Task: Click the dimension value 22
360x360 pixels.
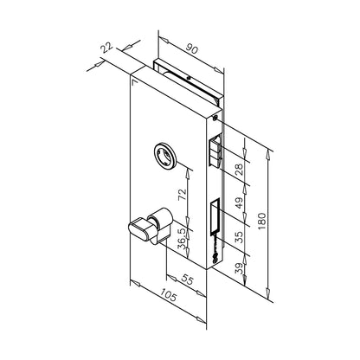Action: click(x=106, y=48)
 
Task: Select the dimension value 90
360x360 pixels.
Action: click(x=191, y=48)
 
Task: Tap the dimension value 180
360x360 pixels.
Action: click(x=261, y=221)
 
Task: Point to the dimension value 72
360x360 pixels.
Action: click(x=182, y=195)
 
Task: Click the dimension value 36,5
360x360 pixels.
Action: click(x=182, y=239)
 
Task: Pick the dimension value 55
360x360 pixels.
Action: click(x=187, y=280)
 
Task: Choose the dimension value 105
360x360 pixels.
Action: click(x=168, y=295)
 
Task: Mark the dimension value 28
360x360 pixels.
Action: click(x=239, y=170)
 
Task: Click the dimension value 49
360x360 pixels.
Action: click(x=239, y=202)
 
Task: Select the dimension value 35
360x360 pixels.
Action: click(x=239, y=236)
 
